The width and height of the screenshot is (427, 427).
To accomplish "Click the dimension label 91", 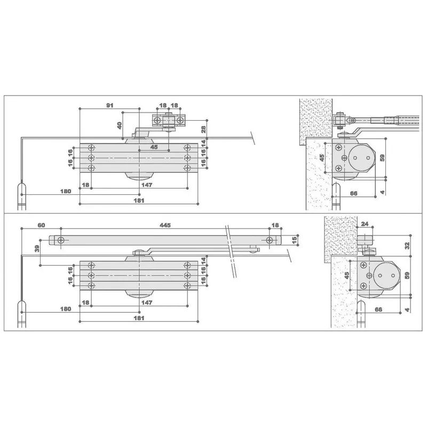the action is click(x=110, y=105).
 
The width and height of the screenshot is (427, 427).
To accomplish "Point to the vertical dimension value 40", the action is click(x=119, y=125).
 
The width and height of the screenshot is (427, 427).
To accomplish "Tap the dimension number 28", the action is click(x=204, y=129).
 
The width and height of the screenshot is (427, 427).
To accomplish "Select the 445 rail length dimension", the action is click(x=165, y=225).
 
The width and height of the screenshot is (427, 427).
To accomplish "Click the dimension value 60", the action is click(x=42, y=225).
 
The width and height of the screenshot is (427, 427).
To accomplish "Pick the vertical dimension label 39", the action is click(x=37, y=248).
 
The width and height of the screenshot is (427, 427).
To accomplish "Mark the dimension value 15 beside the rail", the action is click(x=294, y=240).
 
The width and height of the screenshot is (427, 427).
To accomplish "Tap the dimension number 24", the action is click(x=365, y=224).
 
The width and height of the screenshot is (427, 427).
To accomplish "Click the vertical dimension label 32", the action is click(x=407, y=246).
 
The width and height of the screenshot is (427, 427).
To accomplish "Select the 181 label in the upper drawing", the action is click(x=139, y=201).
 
